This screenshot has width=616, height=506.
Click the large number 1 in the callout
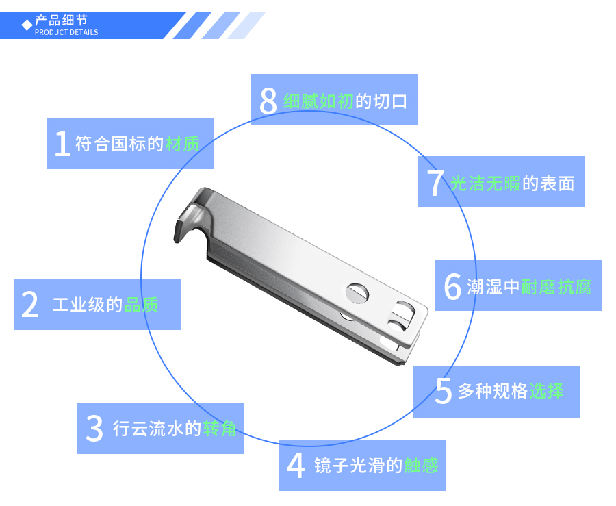(62, 144)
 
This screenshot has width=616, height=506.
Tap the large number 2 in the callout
(30, 305)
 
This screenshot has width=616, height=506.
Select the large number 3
(94, 429)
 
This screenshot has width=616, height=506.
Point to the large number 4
(295, 466)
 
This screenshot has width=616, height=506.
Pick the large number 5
(444, 392)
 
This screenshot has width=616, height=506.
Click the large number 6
(452, 286)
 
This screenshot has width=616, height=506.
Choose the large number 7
(435, 183)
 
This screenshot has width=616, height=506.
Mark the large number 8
(268, 101)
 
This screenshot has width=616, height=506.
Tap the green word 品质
(142, 305)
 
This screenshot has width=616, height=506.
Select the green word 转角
(220, 429)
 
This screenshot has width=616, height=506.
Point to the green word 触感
(421, 466)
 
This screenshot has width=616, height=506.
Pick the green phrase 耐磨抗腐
(556, 286)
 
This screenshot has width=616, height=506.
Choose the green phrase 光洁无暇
(485, 183)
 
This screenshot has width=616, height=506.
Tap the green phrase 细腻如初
(318, 101)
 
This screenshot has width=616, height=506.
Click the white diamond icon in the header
(27, 25)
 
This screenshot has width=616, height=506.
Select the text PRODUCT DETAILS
(66, 32)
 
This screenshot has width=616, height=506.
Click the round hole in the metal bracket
(356, 292)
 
